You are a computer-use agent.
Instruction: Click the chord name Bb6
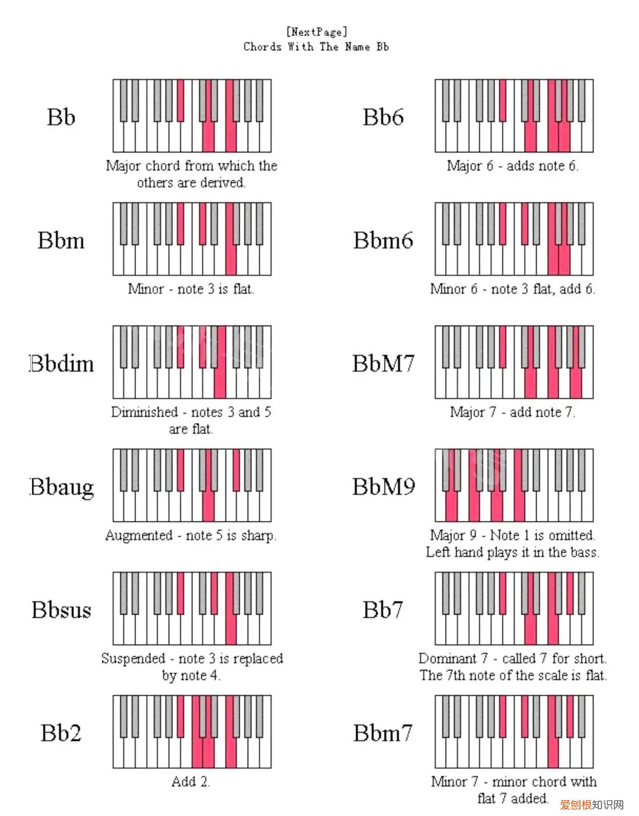coord(383,117)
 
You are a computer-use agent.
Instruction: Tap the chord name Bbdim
coord(62,363)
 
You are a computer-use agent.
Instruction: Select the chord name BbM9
coord(383,486)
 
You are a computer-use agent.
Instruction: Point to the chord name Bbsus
coord(62,609)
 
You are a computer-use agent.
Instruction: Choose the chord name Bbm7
coord(383,733)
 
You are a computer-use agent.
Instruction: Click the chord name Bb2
coord(61,733)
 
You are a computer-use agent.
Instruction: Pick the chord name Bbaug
coord(62,487)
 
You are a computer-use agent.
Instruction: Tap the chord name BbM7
coord(383,363)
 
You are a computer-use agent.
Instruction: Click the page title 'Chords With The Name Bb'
coord(316,47)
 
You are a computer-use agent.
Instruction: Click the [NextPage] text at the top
coord(317,31)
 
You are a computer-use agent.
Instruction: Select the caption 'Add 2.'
coord(191,782)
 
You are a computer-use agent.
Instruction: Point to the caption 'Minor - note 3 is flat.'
coord(191,289)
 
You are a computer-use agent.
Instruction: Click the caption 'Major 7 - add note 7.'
coord(512,412)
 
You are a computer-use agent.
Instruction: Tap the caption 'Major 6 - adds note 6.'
coord(512,166)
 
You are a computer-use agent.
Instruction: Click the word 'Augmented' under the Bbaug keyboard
coord(138,536)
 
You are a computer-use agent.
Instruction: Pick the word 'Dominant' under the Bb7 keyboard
coord(447,659)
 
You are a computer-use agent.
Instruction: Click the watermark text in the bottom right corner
coord(592,805)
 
